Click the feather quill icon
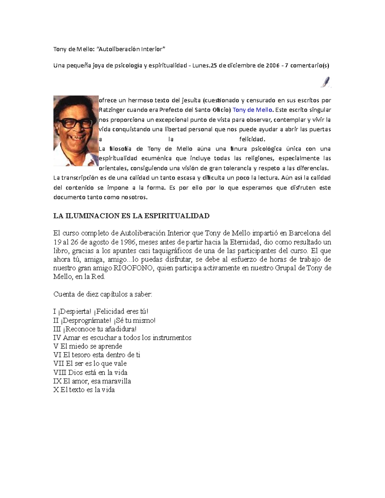tap(326, 82)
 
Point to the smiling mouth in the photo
tap(73, 138)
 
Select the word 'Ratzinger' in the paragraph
tap(112, 110)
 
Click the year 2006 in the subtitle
tap(272, 66)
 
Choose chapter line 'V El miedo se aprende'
tap(88, 346)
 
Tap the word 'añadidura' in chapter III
tap(117, 329)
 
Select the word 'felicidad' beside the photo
tap(252, 139)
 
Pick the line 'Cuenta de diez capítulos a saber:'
tap(103, 294)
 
